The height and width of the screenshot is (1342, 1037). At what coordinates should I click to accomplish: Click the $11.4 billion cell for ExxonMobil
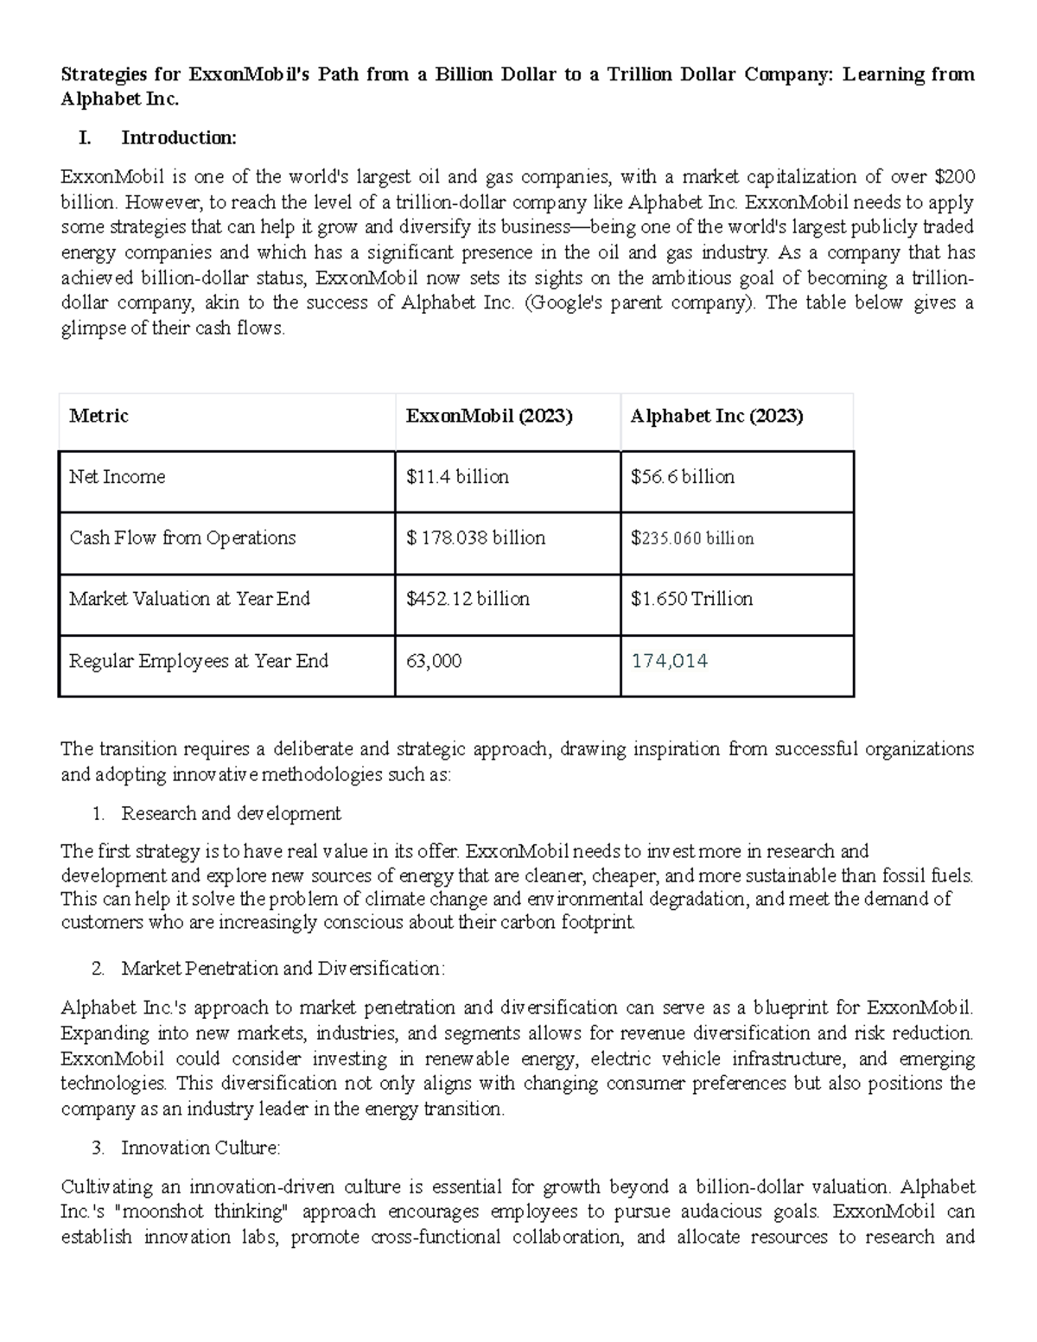point(457,477)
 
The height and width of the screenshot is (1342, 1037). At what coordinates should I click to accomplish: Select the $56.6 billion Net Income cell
point(682,477)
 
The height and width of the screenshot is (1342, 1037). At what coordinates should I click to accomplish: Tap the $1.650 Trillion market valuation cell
point(691,599)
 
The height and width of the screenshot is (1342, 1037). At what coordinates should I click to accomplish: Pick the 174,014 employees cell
point(669,661)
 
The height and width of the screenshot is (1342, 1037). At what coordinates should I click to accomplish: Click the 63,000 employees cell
point(434,661)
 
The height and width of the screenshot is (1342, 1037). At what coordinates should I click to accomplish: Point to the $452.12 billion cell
point(468,599)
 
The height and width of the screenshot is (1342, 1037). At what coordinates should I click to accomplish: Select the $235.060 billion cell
point(691,538)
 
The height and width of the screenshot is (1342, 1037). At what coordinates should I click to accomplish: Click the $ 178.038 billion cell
point(475,538)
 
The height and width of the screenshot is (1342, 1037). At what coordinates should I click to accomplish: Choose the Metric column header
point(99,416)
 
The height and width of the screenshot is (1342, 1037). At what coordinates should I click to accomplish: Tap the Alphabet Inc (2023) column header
point(716,416)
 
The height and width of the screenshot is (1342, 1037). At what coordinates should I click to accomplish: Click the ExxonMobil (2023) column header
point(489,416)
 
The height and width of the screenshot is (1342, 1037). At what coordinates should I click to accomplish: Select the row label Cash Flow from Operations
point(182,538)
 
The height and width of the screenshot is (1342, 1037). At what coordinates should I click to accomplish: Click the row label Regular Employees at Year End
point(199,661)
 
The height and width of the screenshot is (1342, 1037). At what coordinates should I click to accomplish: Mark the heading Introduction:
point(178,137)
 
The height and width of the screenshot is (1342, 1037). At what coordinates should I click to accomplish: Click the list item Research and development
point(231,813)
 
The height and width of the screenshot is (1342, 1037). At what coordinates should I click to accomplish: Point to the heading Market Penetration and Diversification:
point(283,968)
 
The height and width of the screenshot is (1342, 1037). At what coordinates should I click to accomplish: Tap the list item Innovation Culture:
point(200,1148)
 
